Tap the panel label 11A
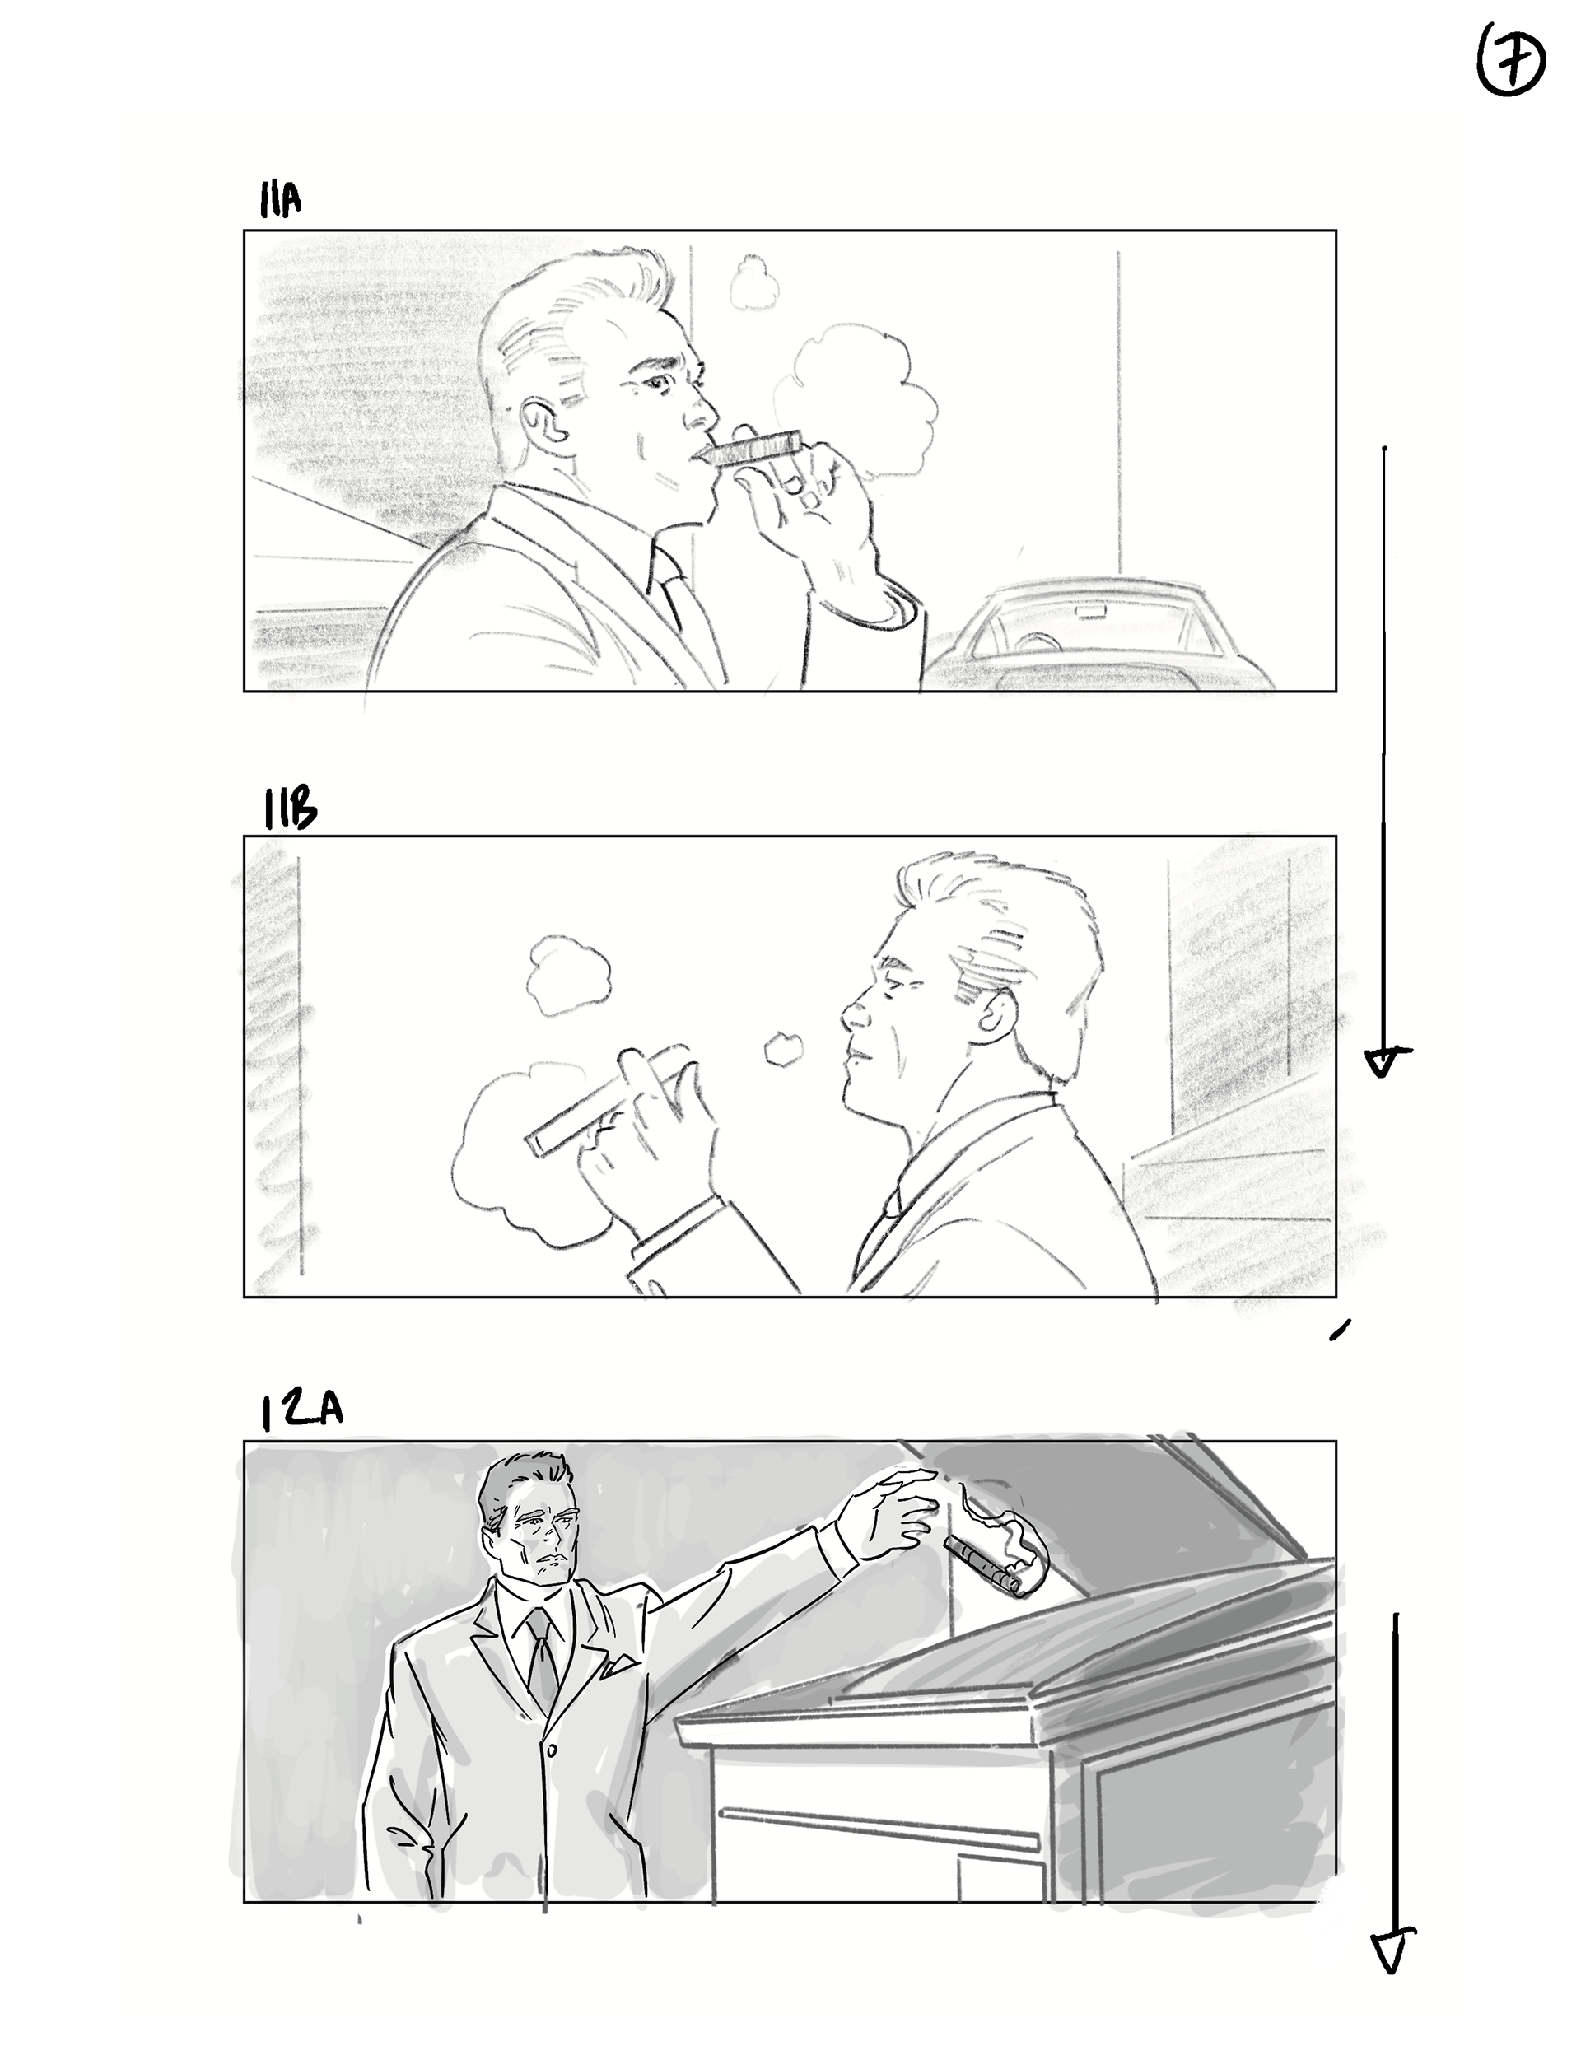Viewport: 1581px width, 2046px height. click(x=280, y=199)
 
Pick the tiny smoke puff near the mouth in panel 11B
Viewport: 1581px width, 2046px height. click(x=779, y=1050)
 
